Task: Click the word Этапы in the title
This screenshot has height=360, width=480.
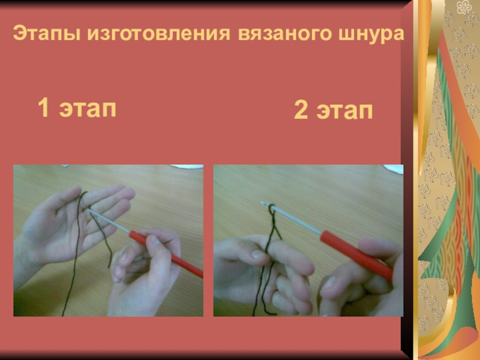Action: (47, 33)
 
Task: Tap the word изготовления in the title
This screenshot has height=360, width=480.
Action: (158, 33)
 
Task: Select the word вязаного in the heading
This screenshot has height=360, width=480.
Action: (284, 34)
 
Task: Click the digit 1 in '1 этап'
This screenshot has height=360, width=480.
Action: (44, 107)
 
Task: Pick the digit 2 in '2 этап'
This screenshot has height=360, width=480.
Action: (301, 110)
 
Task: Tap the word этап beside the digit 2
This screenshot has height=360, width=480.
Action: (344, 112)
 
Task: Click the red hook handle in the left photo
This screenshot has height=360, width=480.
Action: (166, 254)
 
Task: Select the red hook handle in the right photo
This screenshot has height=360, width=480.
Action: (356, 255)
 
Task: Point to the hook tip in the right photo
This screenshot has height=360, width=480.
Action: (263, 203)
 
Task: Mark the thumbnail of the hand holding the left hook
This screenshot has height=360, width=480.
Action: (155, 239)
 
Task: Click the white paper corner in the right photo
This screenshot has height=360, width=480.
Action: (394, 169)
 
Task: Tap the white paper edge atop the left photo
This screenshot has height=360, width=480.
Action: (187, 167)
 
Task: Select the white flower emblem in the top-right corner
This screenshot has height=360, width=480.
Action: (464, 7)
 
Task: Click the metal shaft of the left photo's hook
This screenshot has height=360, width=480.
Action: (109, 221)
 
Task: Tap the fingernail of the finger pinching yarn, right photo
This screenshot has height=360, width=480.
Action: (258, 254)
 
